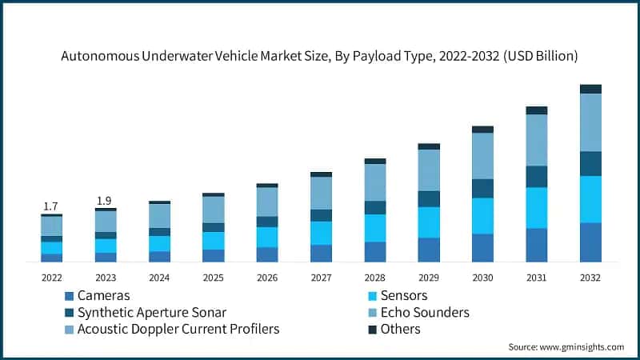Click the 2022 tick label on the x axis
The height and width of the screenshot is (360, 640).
(51, 277)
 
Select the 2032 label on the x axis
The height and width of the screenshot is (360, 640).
(590, 277)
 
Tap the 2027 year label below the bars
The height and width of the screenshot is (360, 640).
(321, 277)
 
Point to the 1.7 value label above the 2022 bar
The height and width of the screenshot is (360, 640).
(51, 206)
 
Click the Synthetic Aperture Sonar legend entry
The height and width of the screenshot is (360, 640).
(151, 312)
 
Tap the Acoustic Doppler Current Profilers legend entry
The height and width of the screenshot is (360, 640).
(178, 329)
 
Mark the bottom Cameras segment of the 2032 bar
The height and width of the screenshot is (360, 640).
(590, 242)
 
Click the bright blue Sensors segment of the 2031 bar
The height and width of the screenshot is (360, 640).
(537, 208)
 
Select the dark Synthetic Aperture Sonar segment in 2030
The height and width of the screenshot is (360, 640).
(482, 188)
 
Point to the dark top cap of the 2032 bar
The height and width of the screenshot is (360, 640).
(590, 89)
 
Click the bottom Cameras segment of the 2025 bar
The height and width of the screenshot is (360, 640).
(213, 255)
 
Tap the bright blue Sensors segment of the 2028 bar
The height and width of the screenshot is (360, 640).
(375, 228)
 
